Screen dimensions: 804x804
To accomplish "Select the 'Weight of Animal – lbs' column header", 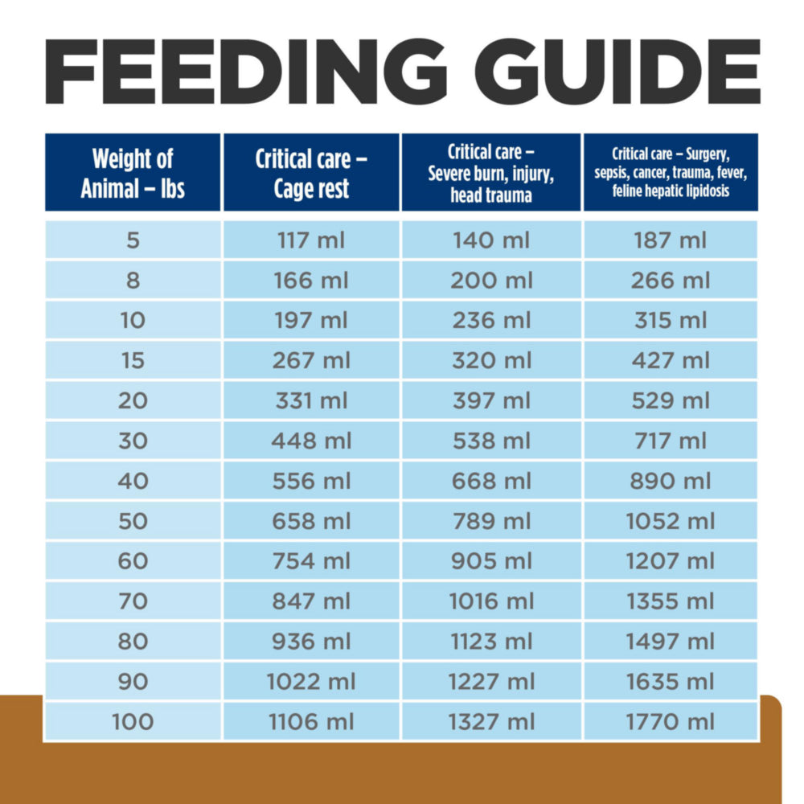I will coord(133,173).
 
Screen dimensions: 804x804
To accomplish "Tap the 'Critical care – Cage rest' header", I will coord(311,173).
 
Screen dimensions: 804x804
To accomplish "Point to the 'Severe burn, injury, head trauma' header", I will coord(491,173).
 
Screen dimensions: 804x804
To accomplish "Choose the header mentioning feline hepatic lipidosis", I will coord(670,173).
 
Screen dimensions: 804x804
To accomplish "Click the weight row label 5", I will coord(133,240).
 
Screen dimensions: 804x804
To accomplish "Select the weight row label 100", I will coord(133,721).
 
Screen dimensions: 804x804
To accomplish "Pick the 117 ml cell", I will coord(311,240).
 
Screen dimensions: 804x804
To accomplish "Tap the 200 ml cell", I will coord(491,281).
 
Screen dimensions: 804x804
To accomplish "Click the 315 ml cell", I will coord(670,320).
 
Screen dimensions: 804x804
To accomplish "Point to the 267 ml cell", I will coord(311,360).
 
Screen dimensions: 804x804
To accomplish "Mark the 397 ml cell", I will coord(491,400).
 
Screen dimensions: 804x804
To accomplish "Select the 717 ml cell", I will coord(670,441).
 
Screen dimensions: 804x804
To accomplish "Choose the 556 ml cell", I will coord(311,481).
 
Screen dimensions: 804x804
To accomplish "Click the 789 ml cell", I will coord(491,521).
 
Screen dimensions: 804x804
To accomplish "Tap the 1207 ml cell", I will coord(670,560).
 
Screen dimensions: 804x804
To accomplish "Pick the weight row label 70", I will coord(133,601).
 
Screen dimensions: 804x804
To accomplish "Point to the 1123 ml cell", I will coord(491,641).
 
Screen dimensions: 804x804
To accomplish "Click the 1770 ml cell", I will coord(670,721).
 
